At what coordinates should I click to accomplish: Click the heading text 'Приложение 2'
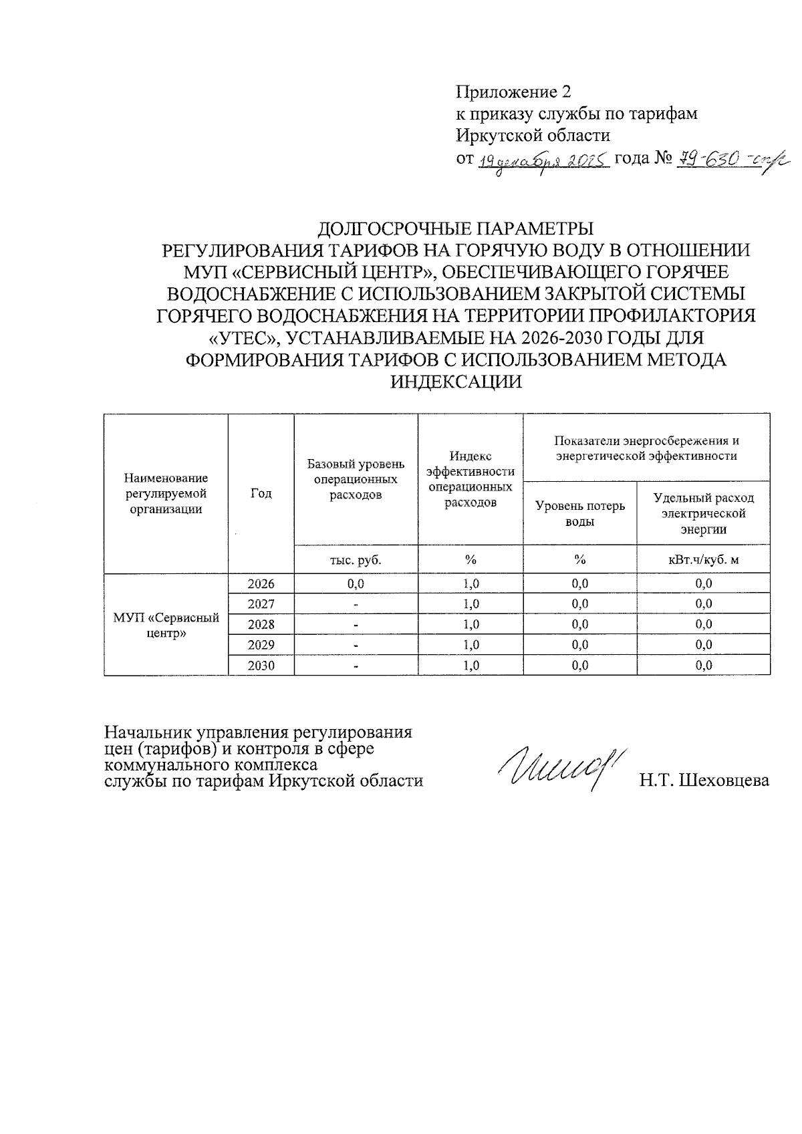tap(514, 92)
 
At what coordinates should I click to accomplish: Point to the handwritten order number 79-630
tap(709, 159)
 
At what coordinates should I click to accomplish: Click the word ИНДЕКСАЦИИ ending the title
tap(455, 382)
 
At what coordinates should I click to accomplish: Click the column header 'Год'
tap(261, 493)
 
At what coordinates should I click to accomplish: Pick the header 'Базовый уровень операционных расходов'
tap(356, 479)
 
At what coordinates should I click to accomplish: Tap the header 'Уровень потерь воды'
tap(579, 513)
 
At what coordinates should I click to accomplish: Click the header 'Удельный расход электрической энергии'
tap(703, 513)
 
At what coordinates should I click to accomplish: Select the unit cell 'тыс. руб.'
tap(356, 560)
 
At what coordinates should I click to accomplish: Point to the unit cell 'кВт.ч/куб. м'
tap(703, 560)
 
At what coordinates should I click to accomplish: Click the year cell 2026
tap(261, 583)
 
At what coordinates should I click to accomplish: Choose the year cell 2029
tap(261, 645)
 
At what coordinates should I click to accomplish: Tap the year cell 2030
tap(261, 666)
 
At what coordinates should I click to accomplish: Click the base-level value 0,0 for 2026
tap(356, 583)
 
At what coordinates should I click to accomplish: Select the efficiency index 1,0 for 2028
tap(471, 624)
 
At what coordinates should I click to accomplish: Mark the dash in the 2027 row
tap(356, 604)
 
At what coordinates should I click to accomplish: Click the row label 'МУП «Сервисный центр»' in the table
tap(166, 625)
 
